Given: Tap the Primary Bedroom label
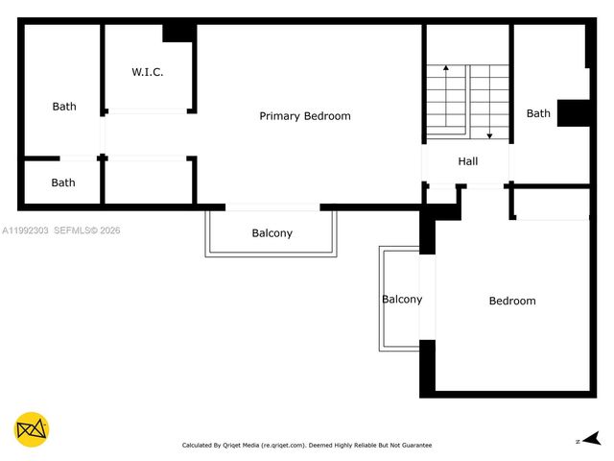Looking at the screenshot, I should [x=305, y=116].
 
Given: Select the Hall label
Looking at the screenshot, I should [x=467, y=161].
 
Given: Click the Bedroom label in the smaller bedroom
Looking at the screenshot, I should [x=512, y=301].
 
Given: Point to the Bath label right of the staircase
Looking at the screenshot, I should [x=538, y=113].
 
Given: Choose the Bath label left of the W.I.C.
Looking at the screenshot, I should [x=64, y=107].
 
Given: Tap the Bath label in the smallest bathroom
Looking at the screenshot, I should [x=63, y=182].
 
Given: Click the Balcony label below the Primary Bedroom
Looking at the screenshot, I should [x=272, y=233].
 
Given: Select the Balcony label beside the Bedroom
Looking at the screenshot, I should [x=402, y=299].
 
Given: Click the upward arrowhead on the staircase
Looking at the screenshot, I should [x=446, y=70].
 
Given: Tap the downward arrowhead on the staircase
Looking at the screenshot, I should [x=490, y=135].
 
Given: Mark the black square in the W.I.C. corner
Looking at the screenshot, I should [x=178, y=32].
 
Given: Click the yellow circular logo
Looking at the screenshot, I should [x=32, y=429].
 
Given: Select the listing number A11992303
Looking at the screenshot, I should [x=25, y=230].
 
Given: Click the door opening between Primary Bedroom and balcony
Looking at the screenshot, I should [x=272, y=206].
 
